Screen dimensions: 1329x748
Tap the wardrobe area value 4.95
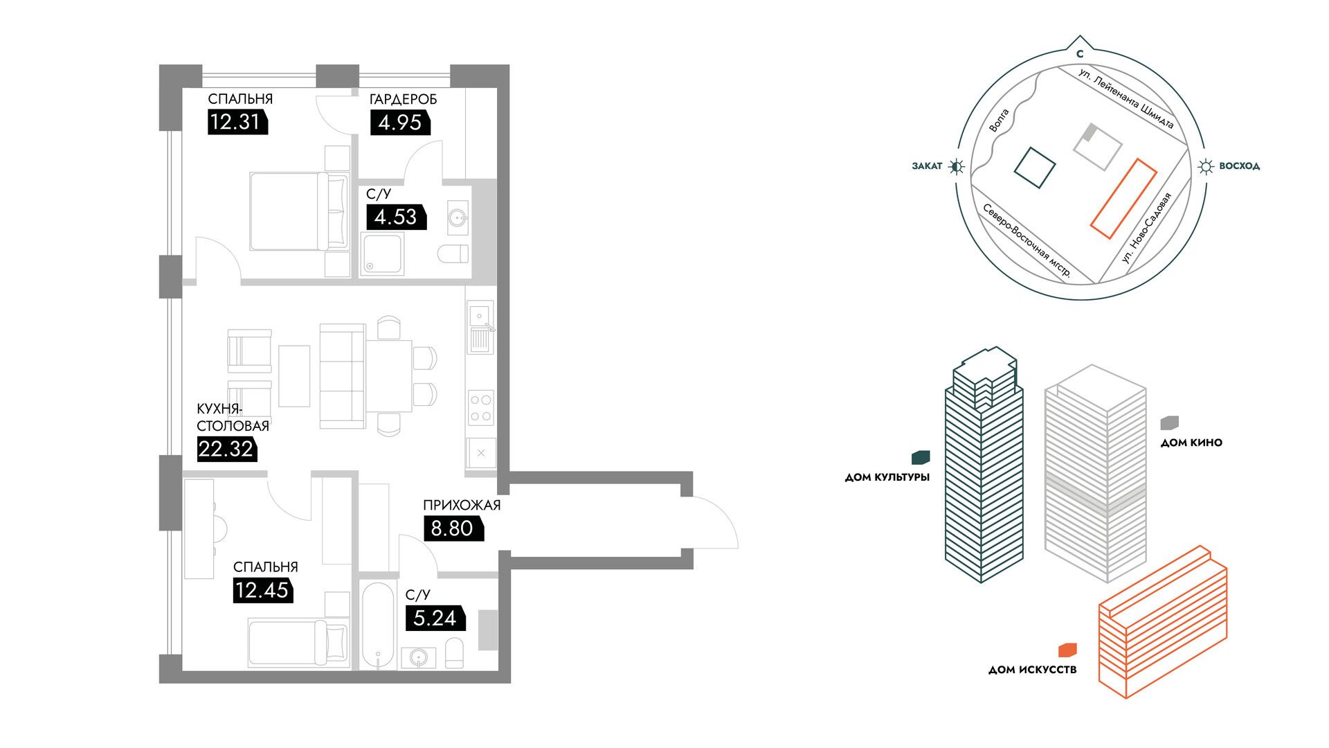[400, 123]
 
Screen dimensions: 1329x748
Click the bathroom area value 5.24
[435, 618]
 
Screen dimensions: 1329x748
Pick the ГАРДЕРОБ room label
[404, 100]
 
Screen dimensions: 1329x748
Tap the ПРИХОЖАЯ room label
[462, 506]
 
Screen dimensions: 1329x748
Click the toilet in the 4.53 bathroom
[453, 253]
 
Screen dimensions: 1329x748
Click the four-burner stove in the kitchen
[481, 408]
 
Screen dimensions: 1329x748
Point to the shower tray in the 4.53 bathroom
[382, 253]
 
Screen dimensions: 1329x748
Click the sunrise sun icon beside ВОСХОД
[1206, 166]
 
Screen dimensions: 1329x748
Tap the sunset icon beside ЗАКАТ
[957, 166]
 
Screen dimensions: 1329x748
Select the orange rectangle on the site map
[1124, 199]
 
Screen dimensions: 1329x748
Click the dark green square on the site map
[1035, 168]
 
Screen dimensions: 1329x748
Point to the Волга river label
[999, 121]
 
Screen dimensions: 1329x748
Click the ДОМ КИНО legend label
[1191, 443]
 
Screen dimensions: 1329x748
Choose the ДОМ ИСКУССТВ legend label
[1032, 670]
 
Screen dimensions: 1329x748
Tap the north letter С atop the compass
[1080, 53]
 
